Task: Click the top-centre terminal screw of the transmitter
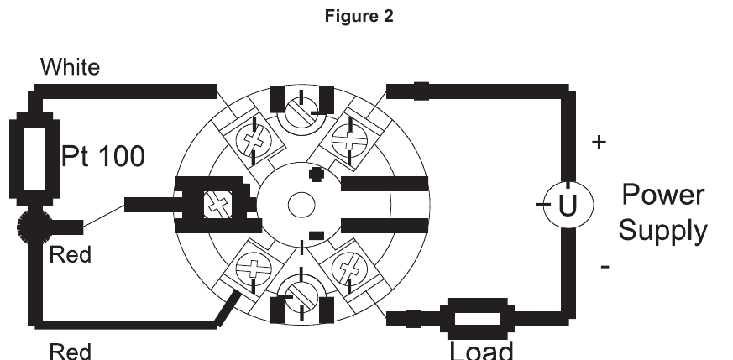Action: pos(301,108)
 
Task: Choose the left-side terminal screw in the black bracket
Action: pos(220,204)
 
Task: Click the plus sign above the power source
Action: pos(598,143)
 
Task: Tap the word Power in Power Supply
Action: pos(662,195)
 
